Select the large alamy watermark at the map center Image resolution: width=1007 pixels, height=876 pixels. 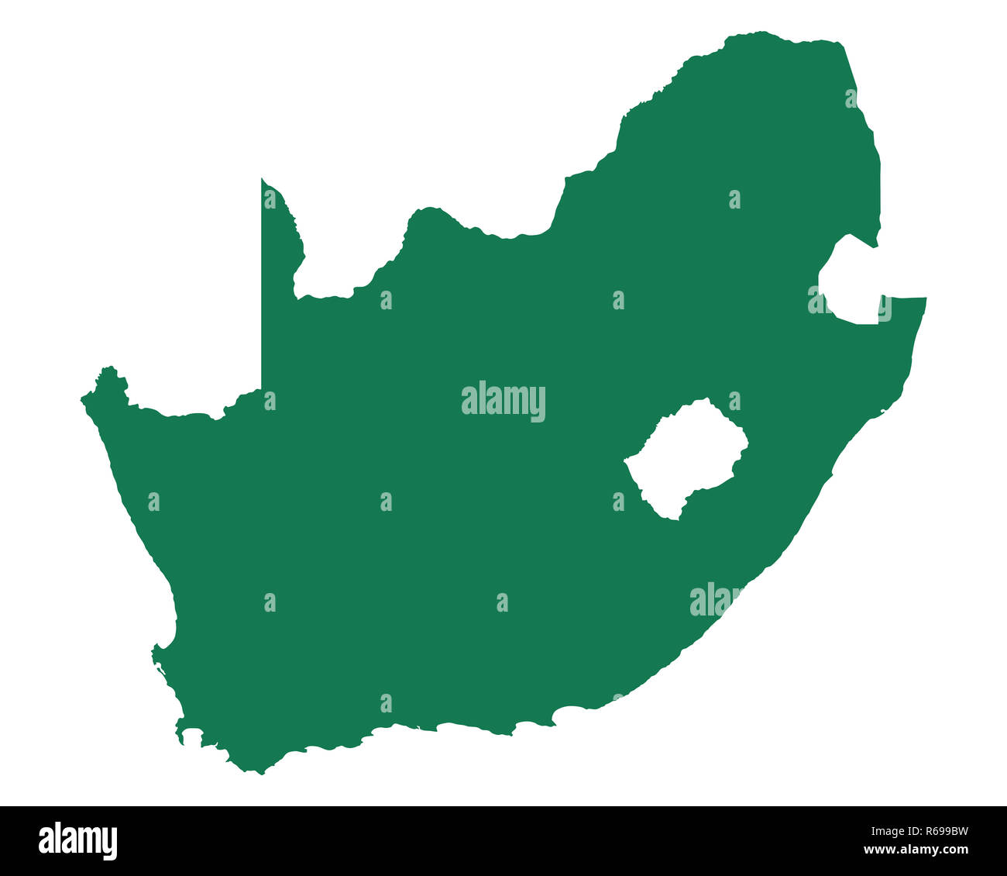pos(503,402)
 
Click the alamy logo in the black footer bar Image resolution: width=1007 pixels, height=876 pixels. pos(77,841)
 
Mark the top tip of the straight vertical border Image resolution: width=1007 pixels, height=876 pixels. pos(262,179)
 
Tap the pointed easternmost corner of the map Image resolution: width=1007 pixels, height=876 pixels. pos(925,298)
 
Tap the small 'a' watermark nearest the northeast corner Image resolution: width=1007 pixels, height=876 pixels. pos(851,98)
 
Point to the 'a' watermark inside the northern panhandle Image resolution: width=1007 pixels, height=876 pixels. pos(270,199)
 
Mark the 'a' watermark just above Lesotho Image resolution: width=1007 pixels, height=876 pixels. pos(734,401)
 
